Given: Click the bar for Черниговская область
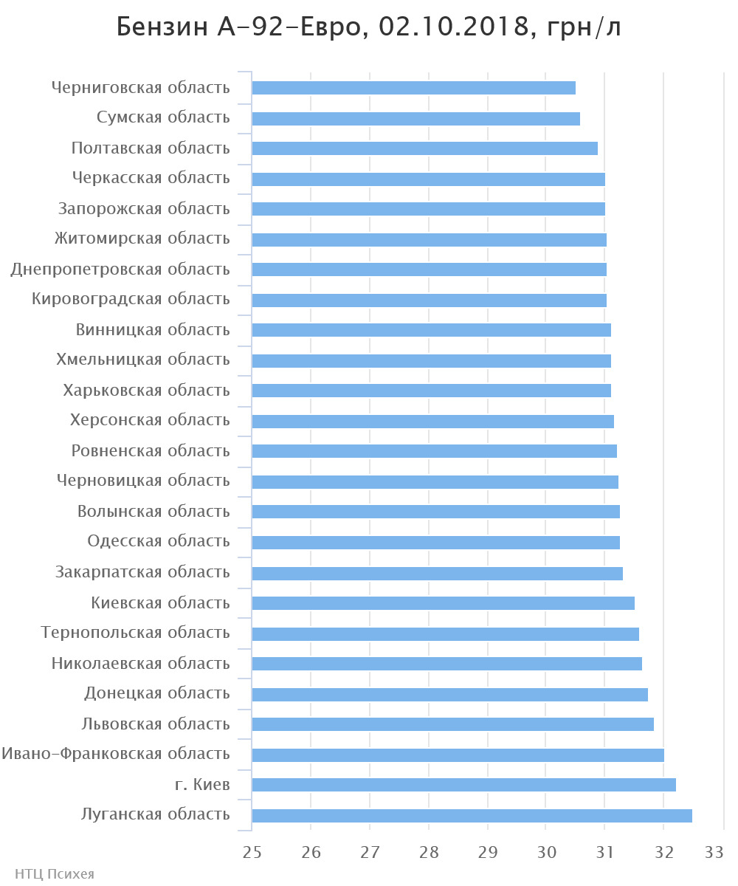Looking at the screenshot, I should (413, 88).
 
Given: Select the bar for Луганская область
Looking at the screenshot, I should (472, 816).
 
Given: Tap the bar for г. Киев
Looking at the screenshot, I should (463, 785).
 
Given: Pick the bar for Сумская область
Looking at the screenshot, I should (415, 119).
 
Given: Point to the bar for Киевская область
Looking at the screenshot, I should (443, 603).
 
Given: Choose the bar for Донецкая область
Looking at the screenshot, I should (449, 695).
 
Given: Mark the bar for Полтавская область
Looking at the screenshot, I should (424, 148).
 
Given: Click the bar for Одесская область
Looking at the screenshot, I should (435, 543).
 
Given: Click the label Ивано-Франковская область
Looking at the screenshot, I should (116, 754).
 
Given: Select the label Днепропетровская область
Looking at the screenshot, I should (120, 269).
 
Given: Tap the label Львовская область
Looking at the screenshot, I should (156, 724).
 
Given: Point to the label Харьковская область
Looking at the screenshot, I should (147, 391).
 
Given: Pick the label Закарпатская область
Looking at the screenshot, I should (142, 572).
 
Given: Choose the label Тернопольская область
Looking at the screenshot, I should (136, 633).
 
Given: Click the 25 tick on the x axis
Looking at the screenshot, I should (252, 852).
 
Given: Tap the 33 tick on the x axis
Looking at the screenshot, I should (714, 852).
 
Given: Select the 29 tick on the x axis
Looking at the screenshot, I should (488, 852).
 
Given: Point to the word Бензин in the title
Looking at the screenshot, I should (156, 28).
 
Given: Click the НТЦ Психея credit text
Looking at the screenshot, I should (49, 874).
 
